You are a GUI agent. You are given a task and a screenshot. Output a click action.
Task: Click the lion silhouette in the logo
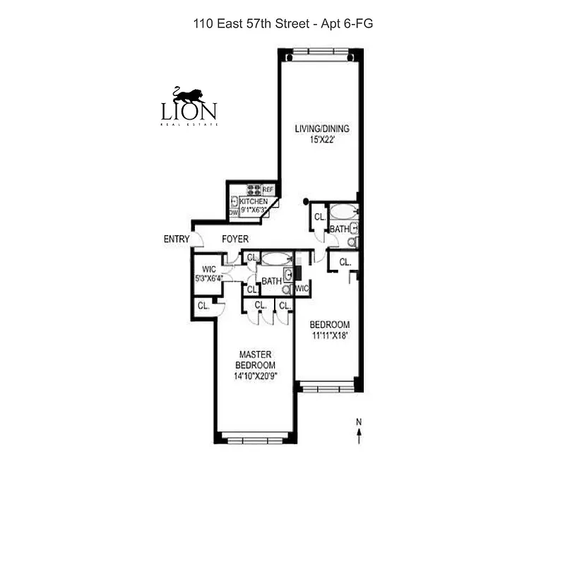[189, 95]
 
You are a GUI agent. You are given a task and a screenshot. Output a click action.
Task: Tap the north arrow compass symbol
[359, 432]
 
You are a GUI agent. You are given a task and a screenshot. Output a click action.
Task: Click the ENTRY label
[176, 239]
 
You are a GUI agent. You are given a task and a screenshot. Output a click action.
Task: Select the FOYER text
[235, 239]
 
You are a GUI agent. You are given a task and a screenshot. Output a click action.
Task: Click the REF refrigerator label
[268, 189]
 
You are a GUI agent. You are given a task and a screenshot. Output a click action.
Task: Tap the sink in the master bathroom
[287, 275]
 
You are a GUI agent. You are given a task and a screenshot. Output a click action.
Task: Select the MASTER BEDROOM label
[256, 359]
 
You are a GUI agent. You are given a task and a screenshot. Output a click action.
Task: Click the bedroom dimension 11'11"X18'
[330, 336]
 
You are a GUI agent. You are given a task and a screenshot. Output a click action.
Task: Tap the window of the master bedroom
[255, 439]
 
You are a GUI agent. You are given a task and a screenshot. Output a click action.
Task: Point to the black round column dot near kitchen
[306, 202]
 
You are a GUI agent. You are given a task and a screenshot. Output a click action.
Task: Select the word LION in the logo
[189, 112]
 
